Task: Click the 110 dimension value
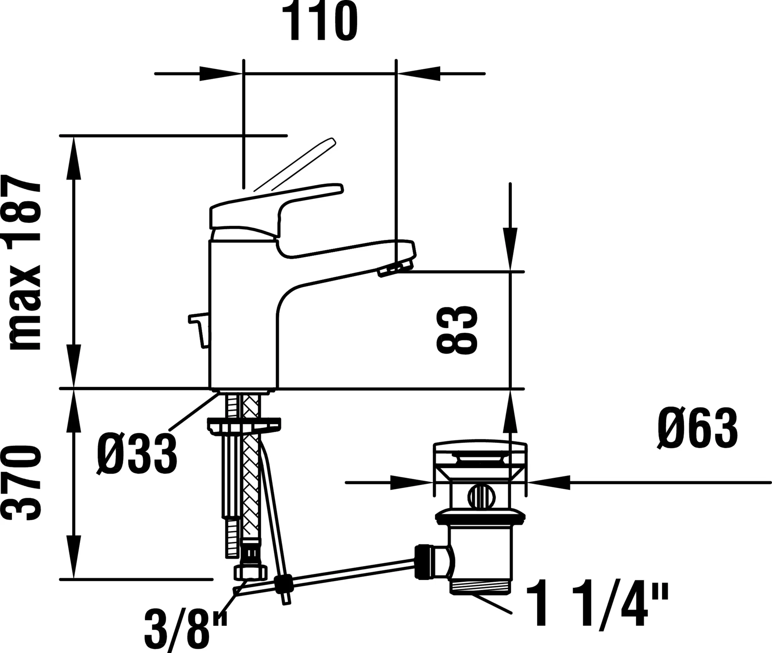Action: pyautogui.click(x=320, y=22)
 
